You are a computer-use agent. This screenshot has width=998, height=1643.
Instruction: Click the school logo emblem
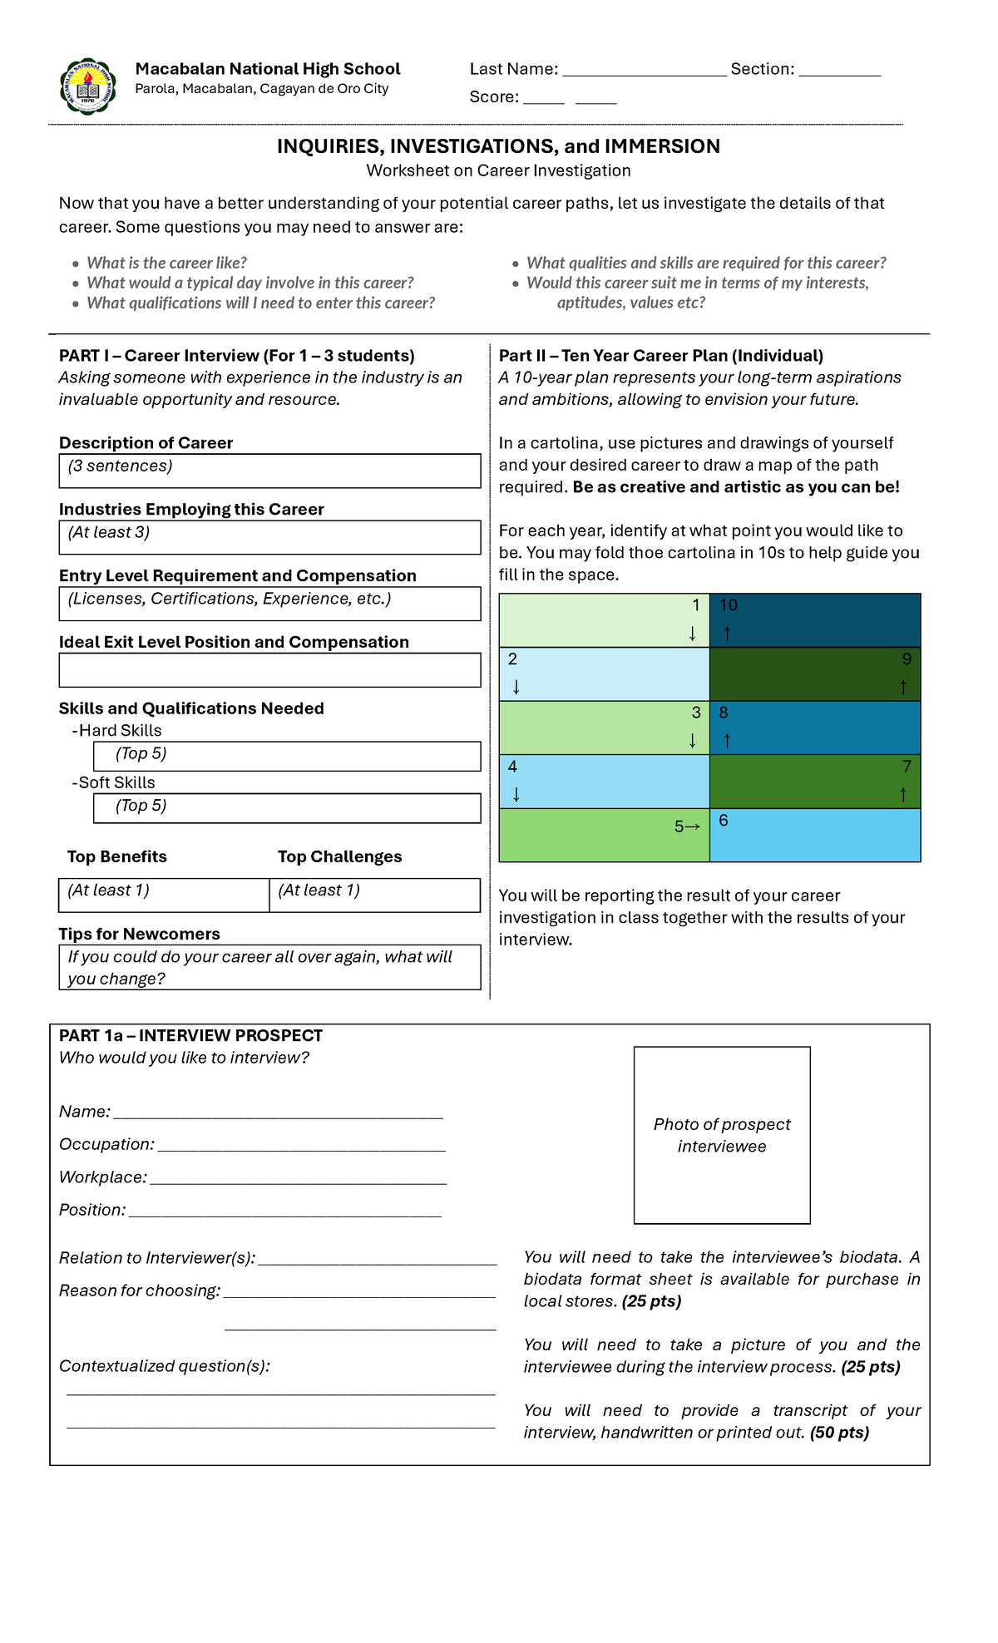click(88, 86)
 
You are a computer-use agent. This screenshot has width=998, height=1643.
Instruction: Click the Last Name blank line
click(644, 73)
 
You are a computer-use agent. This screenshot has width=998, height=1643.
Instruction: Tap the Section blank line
click(839, 73)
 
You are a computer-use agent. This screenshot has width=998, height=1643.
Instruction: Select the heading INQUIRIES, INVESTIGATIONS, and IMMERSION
click(498, 146)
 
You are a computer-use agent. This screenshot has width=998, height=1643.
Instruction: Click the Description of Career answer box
click(269, 471)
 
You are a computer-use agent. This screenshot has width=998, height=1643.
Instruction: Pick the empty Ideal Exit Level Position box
click(269, 670)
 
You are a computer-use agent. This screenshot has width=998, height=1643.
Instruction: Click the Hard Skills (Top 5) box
click(287, 756)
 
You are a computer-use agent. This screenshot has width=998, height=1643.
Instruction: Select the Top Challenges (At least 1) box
click(374, 895)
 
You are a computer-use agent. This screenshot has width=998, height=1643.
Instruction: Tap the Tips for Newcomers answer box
click(269, 967)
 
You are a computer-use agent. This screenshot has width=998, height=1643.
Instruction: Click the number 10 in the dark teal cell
click(729, 605)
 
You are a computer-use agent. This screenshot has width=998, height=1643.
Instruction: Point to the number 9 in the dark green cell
click(907, 659)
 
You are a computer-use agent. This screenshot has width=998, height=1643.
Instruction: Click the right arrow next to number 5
click(693, 826)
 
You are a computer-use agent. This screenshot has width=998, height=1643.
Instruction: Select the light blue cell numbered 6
click(815, 835)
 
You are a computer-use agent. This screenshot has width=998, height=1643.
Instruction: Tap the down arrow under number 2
click(516, 688)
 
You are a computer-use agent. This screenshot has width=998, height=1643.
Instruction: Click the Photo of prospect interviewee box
click(722, 1135)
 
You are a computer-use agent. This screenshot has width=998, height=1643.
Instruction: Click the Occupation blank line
click(301, 1148)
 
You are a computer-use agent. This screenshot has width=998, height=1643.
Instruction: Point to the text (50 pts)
click(839, 1433)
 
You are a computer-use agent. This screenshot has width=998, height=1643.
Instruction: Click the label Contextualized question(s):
click(164, 1366)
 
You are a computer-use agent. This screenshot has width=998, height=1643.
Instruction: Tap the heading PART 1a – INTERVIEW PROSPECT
click(190, 1035)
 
